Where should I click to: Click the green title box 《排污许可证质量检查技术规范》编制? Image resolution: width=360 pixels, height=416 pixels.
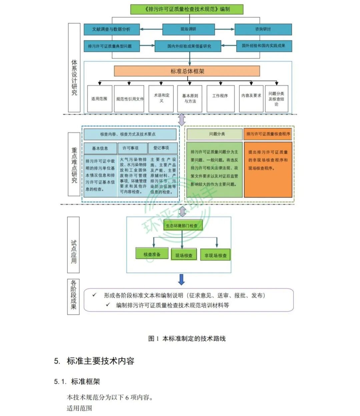click(187, 9)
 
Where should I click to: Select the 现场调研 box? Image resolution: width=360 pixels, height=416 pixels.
click(188, 29)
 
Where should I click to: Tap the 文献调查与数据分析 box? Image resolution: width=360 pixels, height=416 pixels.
click(111, 29)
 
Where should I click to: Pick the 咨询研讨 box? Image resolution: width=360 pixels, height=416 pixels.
click(263, 29)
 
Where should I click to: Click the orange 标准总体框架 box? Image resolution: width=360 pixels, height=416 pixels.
click(187, 71)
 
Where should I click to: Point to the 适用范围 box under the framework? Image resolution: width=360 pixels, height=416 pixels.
click(99, 99)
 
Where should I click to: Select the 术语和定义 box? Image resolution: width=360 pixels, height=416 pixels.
click(161, 98)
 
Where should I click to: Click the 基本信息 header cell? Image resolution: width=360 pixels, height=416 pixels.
click(100, 148)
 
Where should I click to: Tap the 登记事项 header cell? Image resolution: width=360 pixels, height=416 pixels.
click(161, 148)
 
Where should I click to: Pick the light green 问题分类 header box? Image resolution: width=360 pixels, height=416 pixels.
click(214, 134)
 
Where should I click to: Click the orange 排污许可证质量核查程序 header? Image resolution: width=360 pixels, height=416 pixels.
click(268, 134)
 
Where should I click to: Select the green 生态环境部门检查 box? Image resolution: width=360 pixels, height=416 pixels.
click(182, 225)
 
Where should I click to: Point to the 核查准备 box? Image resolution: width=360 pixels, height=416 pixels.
click(152, 254)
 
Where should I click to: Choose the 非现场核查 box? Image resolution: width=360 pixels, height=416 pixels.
click(215, 255)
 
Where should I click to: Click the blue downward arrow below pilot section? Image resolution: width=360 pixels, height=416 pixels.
click(181, 279)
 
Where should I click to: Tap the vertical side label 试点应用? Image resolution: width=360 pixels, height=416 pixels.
click(74, 252)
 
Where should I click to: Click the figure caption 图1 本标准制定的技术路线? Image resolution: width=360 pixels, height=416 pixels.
click(187, 338)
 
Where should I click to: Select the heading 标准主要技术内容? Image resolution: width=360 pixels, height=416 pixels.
click(100, 361)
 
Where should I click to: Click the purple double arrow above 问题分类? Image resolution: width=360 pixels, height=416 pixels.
click(182, 120)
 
